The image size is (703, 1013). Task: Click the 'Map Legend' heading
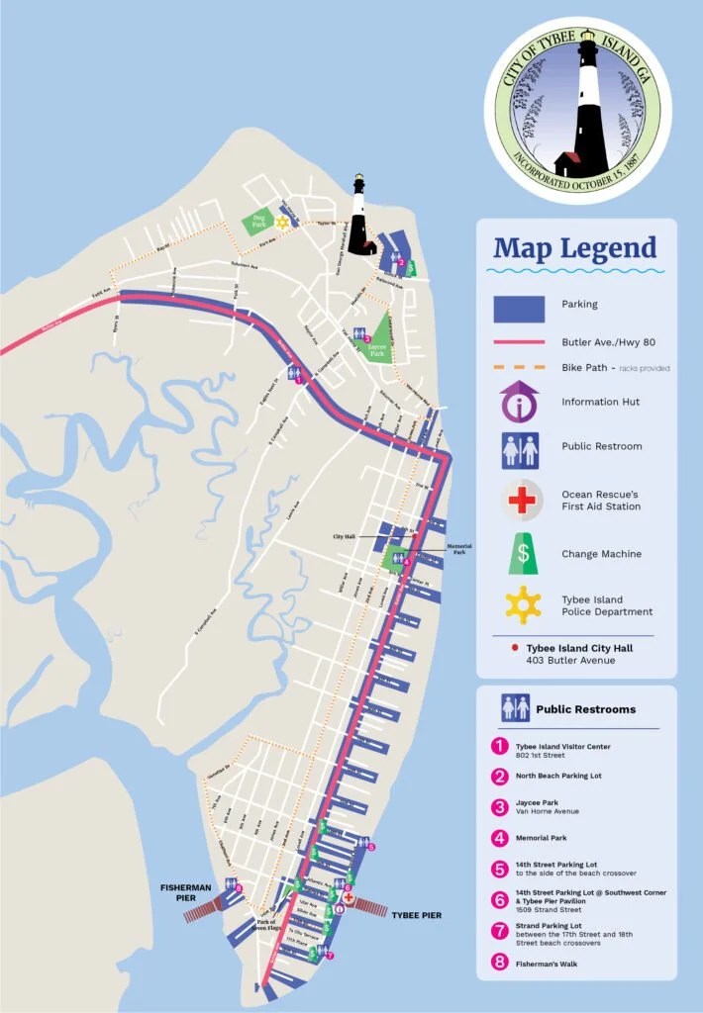click(x=574, y=247)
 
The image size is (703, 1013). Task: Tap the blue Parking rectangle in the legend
click(x=519, y=309)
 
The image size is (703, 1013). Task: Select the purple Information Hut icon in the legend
click(x=519, y=403)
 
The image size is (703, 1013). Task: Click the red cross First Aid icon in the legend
click(x=519, y=500)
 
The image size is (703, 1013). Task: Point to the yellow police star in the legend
click(x=522, y=604)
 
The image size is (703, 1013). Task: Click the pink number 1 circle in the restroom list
click(x=500, y=745)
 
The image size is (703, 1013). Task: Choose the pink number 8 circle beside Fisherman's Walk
click(x=500, y=962)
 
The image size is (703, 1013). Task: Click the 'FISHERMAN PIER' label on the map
click(x=185, y=892)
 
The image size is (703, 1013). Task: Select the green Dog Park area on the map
click(x=260, y=221)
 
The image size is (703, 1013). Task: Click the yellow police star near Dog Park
click(x=282, y=223)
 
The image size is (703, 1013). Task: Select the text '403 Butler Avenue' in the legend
click(x=570, y=660)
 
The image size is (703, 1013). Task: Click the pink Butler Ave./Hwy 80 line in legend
click(x=519, y=341)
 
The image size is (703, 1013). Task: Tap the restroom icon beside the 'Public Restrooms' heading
click(x=514, y=708)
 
